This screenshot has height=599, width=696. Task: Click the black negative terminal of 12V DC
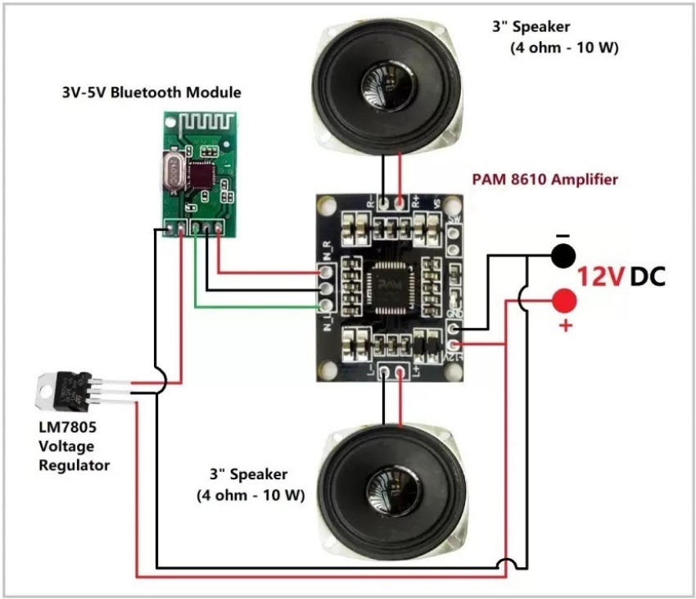click(x=562, y=256)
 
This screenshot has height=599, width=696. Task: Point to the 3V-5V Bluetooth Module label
click(x=151, y=93)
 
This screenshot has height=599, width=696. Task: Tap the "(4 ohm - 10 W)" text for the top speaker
click(x=565, y=48)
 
